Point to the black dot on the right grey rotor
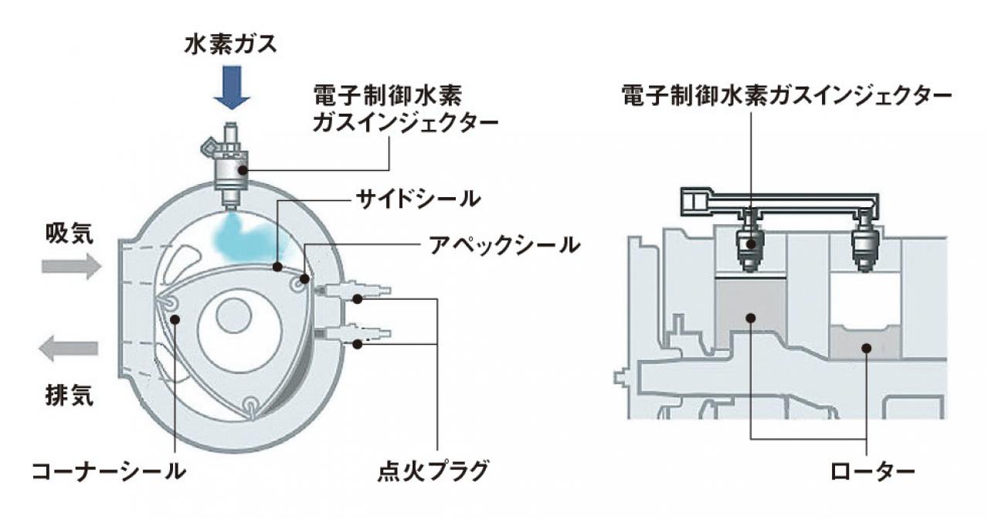868,349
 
